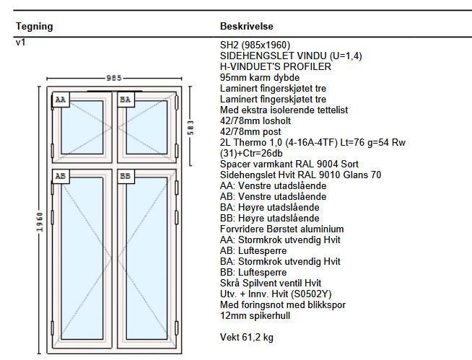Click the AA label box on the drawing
pos(61,100)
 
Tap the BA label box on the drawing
pos(126,100)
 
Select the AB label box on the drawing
pos(61,176)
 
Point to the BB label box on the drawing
pos(126,176)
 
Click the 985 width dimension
pos(114,78)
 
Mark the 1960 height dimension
pos(40,222)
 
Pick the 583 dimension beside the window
pos(191,128)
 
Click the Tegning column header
pos(35,27)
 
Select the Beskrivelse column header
pos(247,26)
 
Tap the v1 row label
pos(20,42)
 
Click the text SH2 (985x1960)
pos(255,45)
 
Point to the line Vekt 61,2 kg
pos(247,338)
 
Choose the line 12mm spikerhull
pos(255,316)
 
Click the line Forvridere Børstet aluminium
pos(281,229)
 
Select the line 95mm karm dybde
pos(260,78)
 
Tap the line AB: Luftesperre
pos(253,251)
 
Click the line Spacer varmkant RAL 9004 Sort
pos(289,164)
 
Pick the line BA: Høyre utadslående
pos(270,207)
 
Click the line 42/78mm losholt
pos(255,121)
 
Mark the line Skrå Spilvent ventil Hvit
pos(271,284)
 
